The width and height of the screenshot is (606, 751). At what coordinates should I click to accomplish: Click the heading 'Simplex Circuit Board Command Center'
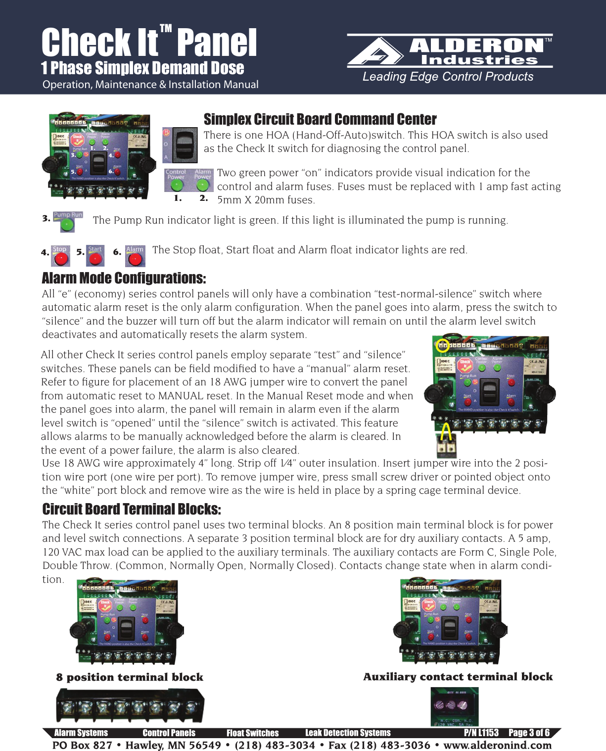pos(320,119)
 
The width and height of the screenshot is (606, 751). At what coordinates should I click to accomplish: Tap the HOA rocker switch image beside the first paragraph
pos(180,145)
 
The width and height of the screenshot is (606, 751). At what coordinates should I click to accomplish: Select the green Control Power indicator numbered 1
pos(176,186)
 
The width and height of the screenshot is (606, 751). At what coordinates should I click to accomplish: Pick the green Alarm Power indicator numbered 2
pos(202,186)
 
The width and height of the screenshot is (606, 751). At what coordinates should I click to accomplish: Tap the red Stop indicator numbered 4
pos(61,258)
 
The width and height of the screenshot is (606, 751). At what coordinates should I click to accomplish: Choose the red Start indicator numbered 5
pos(95,258)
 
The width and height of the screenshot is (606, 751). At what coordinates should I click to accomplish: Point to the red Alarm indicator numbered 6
pos(135,258)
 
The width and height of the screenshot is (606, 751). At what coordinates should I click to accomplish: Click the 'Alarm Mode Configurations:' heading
pos(124,278)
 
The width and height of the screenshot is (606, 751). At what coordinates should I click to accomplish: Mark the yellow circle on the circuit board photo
pos(443,346)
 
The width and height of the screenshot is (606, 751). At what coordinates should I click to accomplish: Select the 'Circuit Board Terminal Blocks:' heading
pos(132,509)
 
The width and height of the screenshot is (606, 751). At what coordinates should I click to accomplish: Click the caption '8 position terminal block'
pos(130,677)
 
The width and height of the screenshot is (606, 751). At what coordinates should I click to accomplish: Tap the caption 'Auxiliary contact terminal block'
pos(458,677)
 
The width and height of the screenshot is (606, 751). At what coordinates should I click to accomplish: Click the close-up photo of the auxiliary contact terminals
pos(454,706)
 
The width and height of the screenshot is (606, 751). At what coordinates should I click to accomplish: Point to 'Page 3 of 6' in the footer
pos(528,733)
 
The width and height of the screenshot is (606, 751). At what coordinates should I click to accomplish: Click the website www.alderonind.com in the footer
pos(497,745)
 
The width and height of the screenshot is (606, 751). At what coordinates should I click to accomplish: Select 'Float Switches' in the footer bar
pos(252,733)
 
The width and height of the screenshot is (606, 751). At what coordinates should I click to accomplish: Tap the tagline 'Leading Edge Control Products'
pos(448,77)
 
